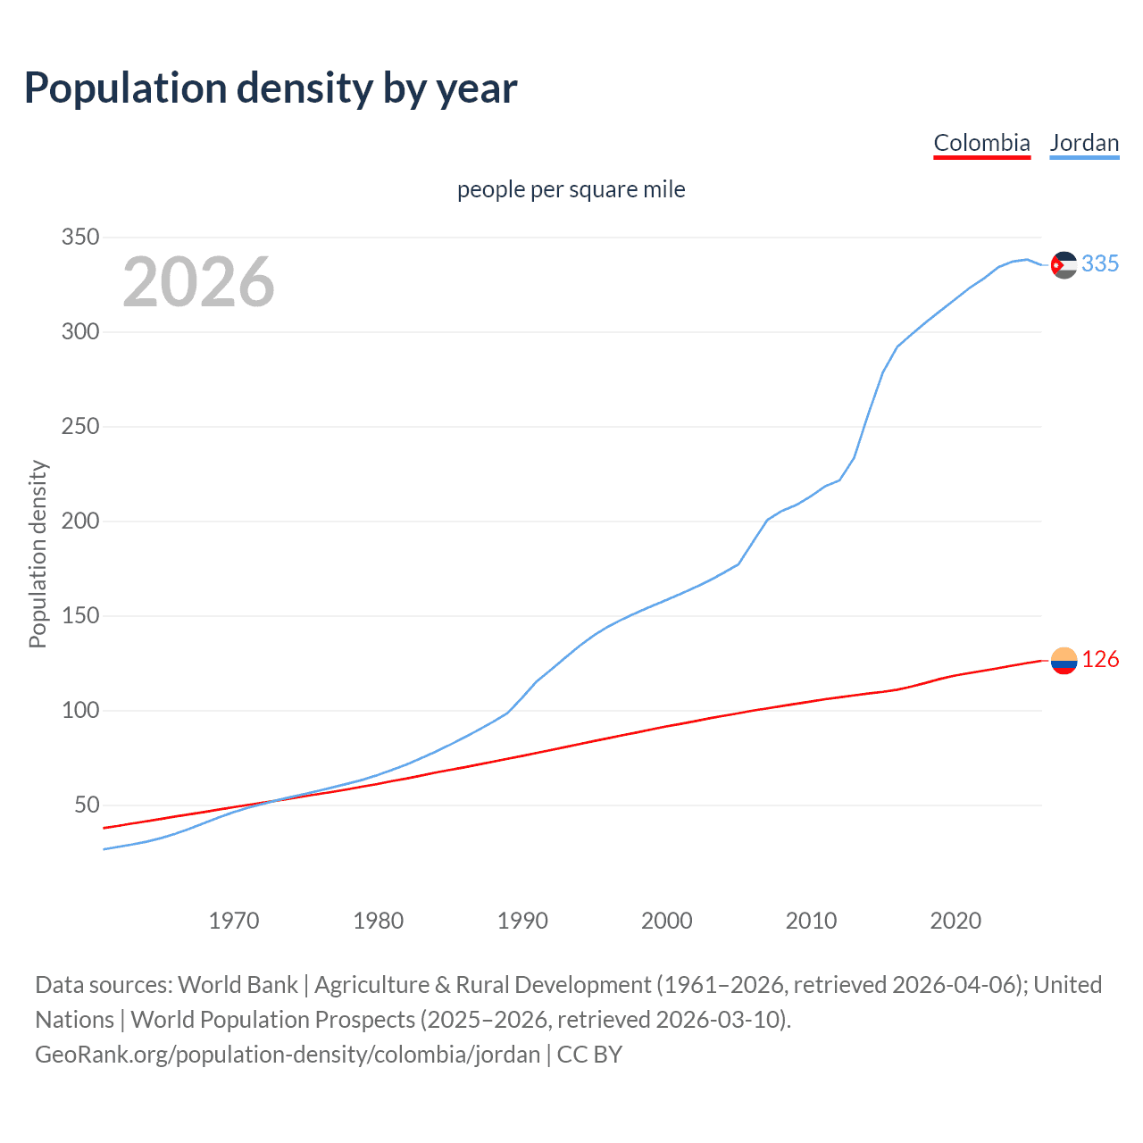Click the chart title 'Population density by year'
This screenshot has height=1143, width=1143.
pos(271,88)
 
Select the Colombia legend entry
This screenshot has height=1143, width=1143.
pos(981,143)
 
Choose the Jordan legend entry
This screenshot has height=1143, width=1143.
pos(1084,143)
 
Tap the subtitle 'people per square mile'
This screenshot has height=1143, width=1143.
pos(571,190)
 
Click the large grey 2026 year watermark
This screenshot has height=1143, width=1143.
pos(198,282)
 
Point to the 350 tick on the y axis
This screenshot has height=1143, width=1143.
pos(79,238)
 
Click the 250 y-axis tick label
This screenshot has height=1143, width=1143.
pos(79,427)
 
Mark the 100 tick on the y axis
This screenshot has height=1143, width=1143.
pos(79,711)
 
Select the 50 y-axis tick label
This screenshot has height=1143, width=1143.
pos(86,805)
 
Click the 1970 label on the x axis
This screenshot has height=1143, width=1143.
pos(234,921)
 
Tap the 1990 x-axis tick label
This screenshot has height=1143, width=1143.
pos(522,921)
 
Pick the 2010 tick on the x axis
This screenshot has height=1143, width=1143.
pos(811,921)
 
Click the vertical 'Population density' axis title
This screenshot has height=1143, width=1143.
pos(38,554)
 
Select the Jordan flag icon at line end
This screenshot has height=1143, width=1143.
pos(1064,264)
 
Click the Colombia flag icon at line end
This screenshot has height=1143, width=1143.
pos(1064,661)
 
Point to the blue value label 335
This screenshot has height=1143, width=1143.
pos(1100,264)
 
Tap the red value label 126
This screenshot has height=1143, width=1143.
pos(1100,660)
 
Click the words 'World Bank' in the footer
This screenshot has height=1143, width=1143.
pos(238,985)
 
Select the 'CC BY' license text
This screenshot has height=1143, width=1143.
pos(589,1055)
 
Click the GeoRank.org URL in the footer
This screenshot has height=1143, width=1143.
pos(288,1055)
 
